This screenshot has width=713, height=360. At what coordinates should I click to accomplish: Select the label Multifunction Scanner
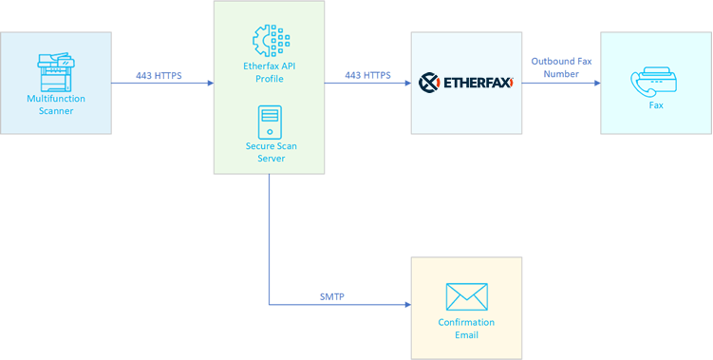[x=56, y=104]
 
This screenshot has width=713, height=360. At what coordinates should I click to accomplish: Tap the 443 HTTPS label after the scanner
[x=159, y=75]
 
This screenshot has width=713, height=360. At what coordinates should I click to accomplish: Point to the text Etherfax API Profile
[x=270, y=72]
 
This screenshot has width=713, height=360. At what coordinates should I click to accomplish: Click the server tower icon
[x=270, y=123]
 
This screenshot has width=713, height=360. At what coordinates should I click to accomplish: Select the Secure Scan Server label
[x=270, y=152]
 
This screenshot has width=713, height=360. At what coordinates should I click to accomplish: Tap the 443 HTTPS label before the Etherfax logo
[x=367, y=75]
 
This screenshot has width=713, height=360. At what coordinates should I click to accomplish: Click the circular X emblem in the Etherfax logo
[x=428, y=83]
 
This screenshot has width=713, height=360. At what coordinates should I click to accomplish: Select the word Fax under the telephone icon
[x=656, y=105]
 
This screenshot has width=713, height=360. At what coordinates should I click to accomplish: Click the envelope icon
[x=466, y=297]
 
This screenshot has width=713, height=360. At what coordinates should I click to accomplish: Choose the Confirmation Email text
[x=466, y=329]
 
